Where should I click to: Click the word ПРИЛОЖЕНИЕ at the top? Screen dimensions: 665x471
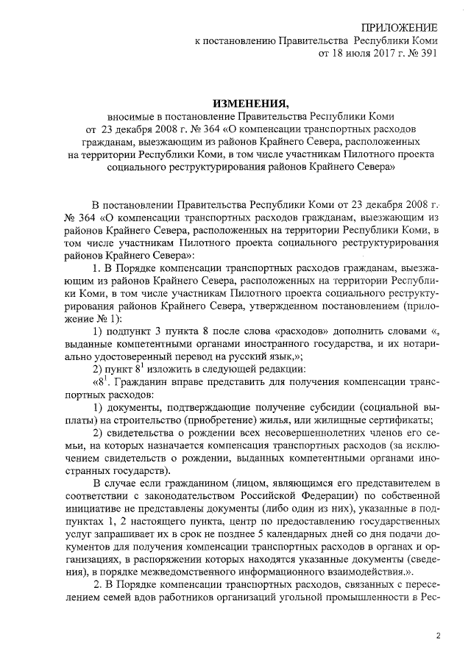coord(394,27)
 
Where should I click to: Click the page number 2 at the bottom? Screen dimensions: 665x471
coord(439,636)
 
